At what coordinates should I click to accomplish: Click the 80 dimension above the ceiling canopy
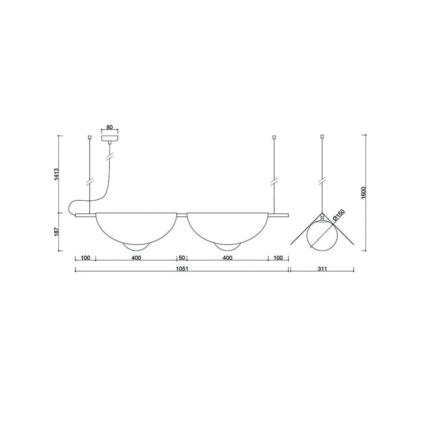click(109, 127)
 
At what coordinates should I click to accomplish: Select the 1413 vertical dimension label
click(57, 174)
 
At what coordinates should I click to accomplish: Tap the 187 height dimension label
click(57, 232)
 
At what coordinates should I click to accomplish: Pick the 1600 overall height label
click(364, 192)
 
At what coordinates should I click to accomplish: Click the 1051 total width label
click(182, 269)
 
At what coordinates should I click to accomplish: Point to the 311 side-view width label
click(322, 269)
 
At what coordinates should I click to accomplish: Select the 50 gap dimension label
click(182, 258)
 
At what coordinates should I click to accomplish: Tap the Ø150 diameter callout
click(338, 215)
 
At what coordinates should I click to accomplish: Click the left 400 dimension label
click(136, 258)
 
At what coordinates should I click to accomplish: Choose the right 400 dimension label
click(227, 258)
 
